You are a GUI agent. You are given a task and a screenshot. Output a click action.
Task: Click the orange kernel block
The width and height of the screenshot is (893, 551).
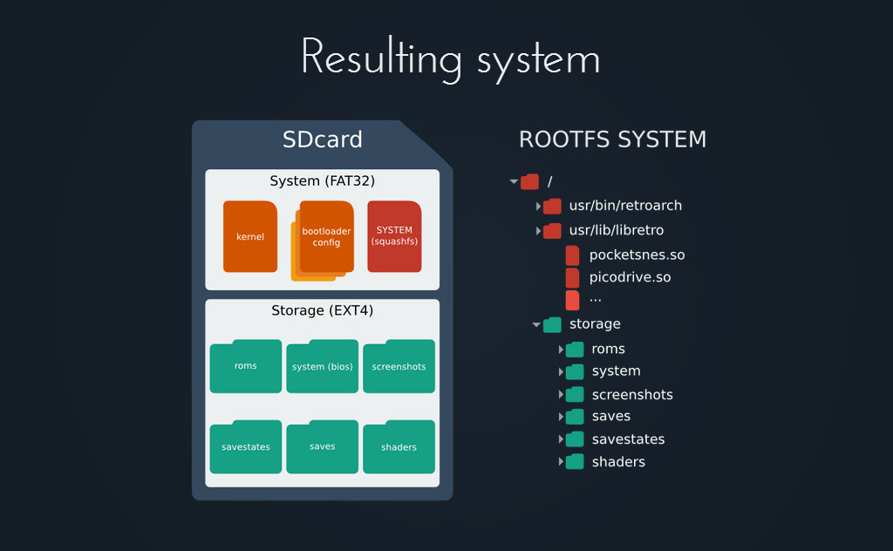(x=250, y=236)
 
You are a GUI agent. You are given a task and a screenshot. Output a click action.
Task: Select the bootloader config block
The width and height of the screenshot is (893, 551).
(x=326, y=237)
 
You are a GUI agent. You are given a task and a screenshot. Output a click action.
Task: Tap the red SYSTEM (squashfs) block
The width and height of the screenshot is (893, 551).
(x=394, y=236)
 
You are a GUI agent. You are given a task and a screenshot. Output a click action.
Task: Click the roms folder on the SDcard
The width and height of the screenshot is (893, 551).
(x=245, y=366)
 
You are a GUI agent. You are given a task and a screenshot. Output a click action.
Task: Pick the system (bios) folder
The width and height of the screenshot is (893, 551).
(x=323, y=366)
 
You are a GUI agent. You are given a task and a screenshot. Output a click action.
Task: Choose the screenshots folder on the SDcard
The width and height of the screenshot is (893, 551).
(x=399, y=366)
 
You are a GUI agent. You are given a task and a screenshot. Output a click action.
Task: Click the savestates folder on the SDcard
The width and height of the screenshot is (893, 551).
(x=245, y=447)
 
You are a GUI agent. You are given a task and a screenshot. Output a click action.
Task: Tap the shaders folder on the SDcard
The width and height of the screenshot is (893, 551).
(x=399, y=447)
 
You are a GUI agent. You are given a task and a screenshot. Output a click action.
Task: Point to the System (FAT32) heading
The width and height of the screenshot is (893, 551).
(x=323, y=181)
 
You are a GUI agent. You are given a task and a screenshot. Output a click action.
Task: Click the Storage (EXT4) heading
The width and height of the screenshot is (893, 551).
(x=323, y=310)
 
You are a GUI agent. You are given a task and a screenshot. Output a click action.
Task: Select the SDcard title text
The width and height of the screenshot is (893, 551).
(x=323, y=139)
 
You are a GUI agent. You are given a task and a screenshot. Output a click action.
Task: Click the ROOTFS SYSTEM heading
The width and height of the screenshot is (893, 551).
(x=612, y=139)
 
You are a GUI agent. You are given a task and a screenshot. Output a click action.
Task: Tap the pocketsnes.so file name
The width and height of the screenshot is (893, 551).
(x=637, y=255)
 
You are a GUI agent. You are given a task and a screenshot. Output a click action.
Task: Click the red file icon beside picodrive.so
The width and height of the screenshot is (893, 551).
(x=572, y=278)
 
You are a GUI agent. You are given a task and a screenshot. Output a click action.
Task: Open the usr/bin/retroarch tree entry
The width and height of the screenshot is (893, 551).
(x=625, y=206)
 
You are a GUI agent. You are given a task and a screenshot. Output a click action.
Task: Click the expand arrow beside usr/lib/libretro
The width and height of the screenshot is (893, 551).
(x=538, y=230)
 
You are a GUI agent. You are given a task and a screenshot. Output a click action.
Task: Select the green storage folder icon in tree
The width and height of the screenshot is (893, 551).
(x=552, y=324)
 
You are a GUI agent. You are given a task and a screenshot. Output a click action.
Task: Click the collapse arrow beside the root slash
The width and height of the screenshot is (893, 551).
(x=514, y=181)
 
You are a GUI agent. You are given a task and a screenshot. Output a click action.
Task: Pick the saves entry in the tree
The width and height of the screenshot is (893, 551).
(x=611, y=416)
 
